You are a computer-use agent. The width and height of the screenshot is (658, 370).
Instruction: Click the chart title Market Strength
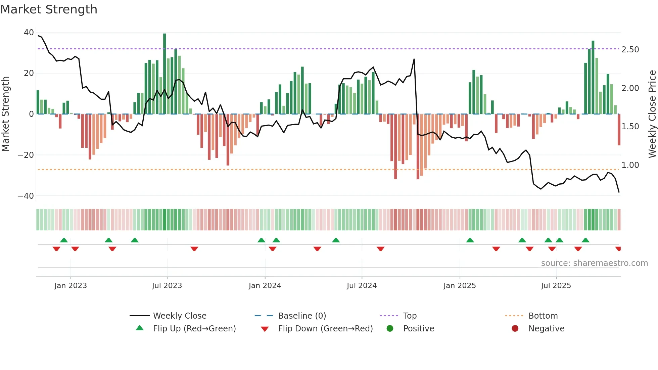click(x=49, y=9)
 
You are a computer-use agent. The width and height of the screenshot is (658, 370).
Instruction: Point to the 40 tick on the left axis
click(x=29, y=33)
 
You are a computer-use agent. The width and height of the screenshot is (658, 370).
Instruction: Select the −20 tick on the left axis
click(x=26, y=155)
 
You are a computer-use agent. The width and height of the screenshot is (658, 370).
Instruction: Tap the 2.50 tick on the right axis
click(x=630, y=50)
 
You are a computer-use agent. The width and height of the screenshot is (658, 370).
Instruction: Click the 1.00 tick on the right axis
click(x=630, y=165)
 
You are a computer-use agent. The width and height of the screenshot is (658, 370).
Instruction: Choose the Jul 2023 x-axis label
click(x=167, y=286)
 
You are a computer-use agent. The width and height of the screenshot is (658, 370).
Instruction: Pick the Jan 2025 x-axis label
click(x=460, y=286)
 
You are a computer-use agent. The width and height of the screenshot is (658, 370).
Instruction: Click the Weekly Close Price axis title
click(x=652, y=114)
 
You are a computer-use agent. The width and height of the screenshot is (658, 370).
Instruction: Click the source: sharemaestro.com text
click(x=594, y=263)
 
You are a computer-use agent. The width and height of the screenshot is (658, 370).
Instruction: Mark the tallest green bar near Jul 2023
click(x=164, y=74)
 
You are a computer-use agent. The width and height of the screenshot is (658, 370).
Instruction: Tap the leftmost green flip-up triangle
click(x=64, y=240)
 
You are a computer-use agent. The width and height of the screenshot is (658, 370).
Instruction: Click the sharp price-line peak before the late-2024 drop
click(x=414, y=59)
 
